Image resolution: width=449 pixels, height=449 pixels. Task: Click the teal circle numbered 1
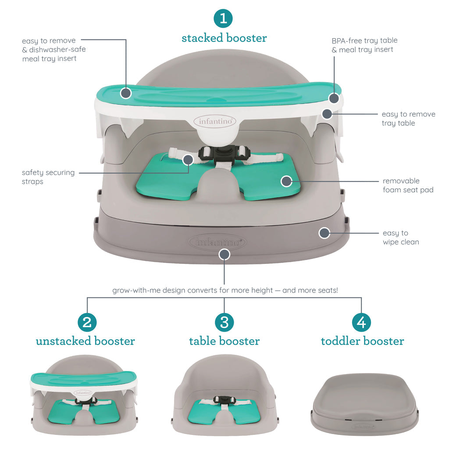click(x=224, y=18)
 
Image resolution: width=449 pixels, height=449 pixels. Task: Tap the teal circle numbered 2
click(x=87, y=322)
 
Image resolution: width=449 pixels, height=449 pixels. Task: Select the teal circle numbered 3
click(x=224, y=322)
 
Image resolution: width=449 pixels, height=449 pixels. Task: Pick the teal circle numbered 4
click(x=361, y=322)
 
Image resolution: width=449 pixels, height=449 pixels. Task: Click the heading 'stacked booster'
click(x=224, y=38)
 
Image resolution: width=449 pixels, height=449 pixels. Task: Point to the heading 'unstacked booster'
click(x=86, y=341)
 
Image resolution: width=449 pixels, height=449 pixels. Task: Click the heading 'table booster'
click(x=224, y=341)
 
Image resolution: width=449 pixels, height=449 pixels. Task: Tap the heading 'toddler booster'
click(x=362, y=341)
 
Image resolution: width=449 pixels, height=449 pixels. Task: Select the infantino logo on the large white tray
click(x=215, y=121)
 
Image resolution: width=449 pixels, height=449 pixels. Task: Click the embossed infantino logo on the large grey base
click(x=217, y=242)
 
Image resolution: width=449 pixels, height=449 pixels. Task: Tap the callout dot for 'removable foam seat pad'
click(x=286, y=181)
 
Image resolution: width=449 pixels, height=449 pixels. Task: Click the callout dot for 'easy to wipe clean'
click(x=324, y=233)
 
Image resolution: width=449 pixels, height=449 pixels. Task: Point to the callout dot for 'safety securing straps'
click(x=188, y=159)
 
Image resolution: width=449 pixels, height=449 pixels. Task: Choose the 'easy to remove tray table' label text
click(x=408, y=118)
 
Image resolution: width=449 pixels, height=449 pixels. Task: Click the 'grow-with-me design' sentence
click(x=224, y=290)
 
